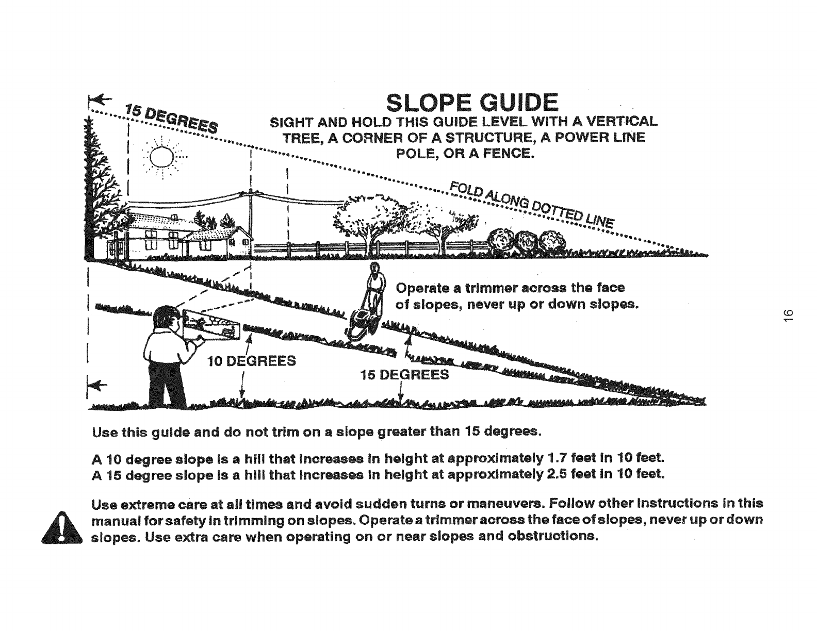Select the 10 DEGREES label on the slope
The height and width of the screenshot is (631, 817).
251,360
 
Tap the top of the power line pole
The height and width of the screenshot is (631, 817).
250,192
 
